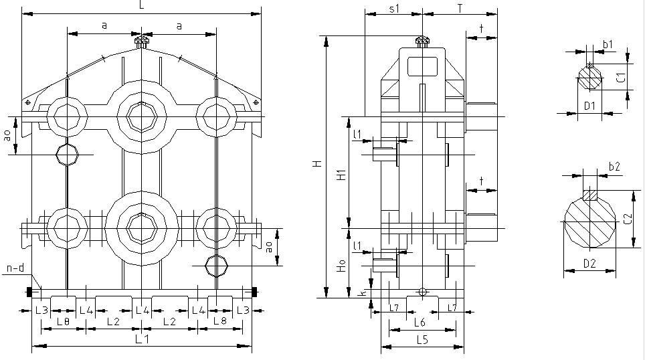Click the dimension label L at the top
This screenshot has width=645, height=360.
(x=141, y=5)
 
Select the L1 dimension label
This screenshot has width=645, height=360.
(x=142, y=339)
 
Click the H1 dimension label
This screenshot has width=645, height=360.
(x=341, y=176)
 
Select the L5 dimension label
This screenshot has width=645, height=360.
(x=422, y=339)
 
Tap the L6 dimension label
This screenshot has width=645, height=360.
(x=420, y=323)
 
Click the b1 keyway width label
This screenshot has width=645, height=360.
(x=608, y=45)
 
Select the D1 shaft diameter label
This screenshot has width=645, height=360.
(x=589, y=106)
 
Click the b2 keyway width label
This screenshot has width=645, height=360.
(x=615, y=167)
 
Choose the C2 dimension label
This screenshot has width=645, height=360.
(x=627, y=218)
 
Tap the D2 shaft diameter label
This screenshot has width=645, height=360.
(x=589, y=264)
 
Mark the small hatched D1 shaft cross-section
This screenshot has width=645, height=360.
(x=589, y=78)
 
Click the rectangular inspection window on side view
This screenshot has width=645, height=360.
(x=422, y=66)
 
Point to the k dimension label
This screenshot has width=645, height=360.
(x=361, y=293)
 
